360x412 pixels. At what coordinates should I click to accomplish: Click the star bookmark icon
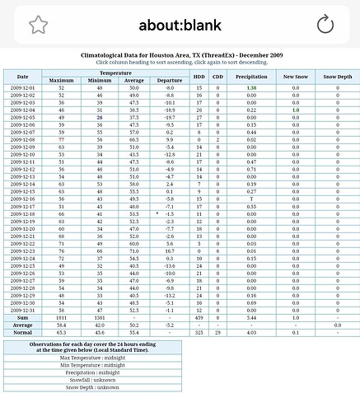[x=37, y=25]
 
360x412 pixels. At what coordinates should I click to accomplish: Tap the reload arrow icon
[x=325, y=25]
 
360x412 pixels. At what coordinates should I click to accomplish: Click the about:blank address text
[x=180, y=25]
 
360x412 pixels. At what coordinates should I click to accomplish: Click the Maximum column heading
[x=62, y=80]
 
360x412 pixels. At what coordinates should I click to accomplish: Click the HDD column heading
[x=199, y=77]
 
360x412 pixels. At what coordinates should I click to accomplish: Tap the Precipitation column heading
[x=251, y=77]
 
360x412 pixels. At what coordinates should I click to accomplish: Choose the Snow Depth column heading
[x=337, y=77]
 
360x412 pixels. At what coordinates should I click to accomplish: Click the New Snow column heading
[x=294, y=77]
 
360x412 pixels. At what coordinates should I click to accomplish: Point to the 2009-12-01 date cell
[x=22, y=87]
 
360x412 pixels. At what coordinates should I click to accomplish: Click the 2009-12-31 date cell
[x=22, y=309]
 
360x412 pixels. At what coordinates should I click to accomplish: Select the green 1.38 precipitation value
[x=251, y=87]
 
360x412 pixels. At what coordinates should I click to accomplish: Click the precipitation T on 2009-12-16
[x=251, y=199]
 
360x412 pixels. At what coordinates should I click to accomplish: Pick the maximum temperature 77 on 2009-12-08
[x=62, y=139]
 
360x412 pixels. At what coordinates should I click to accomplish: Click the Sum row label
[x=22, y=316]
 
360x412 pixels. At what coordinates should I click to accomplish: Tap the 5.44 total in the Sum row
[x=251, y=316]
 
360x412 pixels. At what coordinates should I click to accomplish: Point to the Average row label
[x=22, y=324]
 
